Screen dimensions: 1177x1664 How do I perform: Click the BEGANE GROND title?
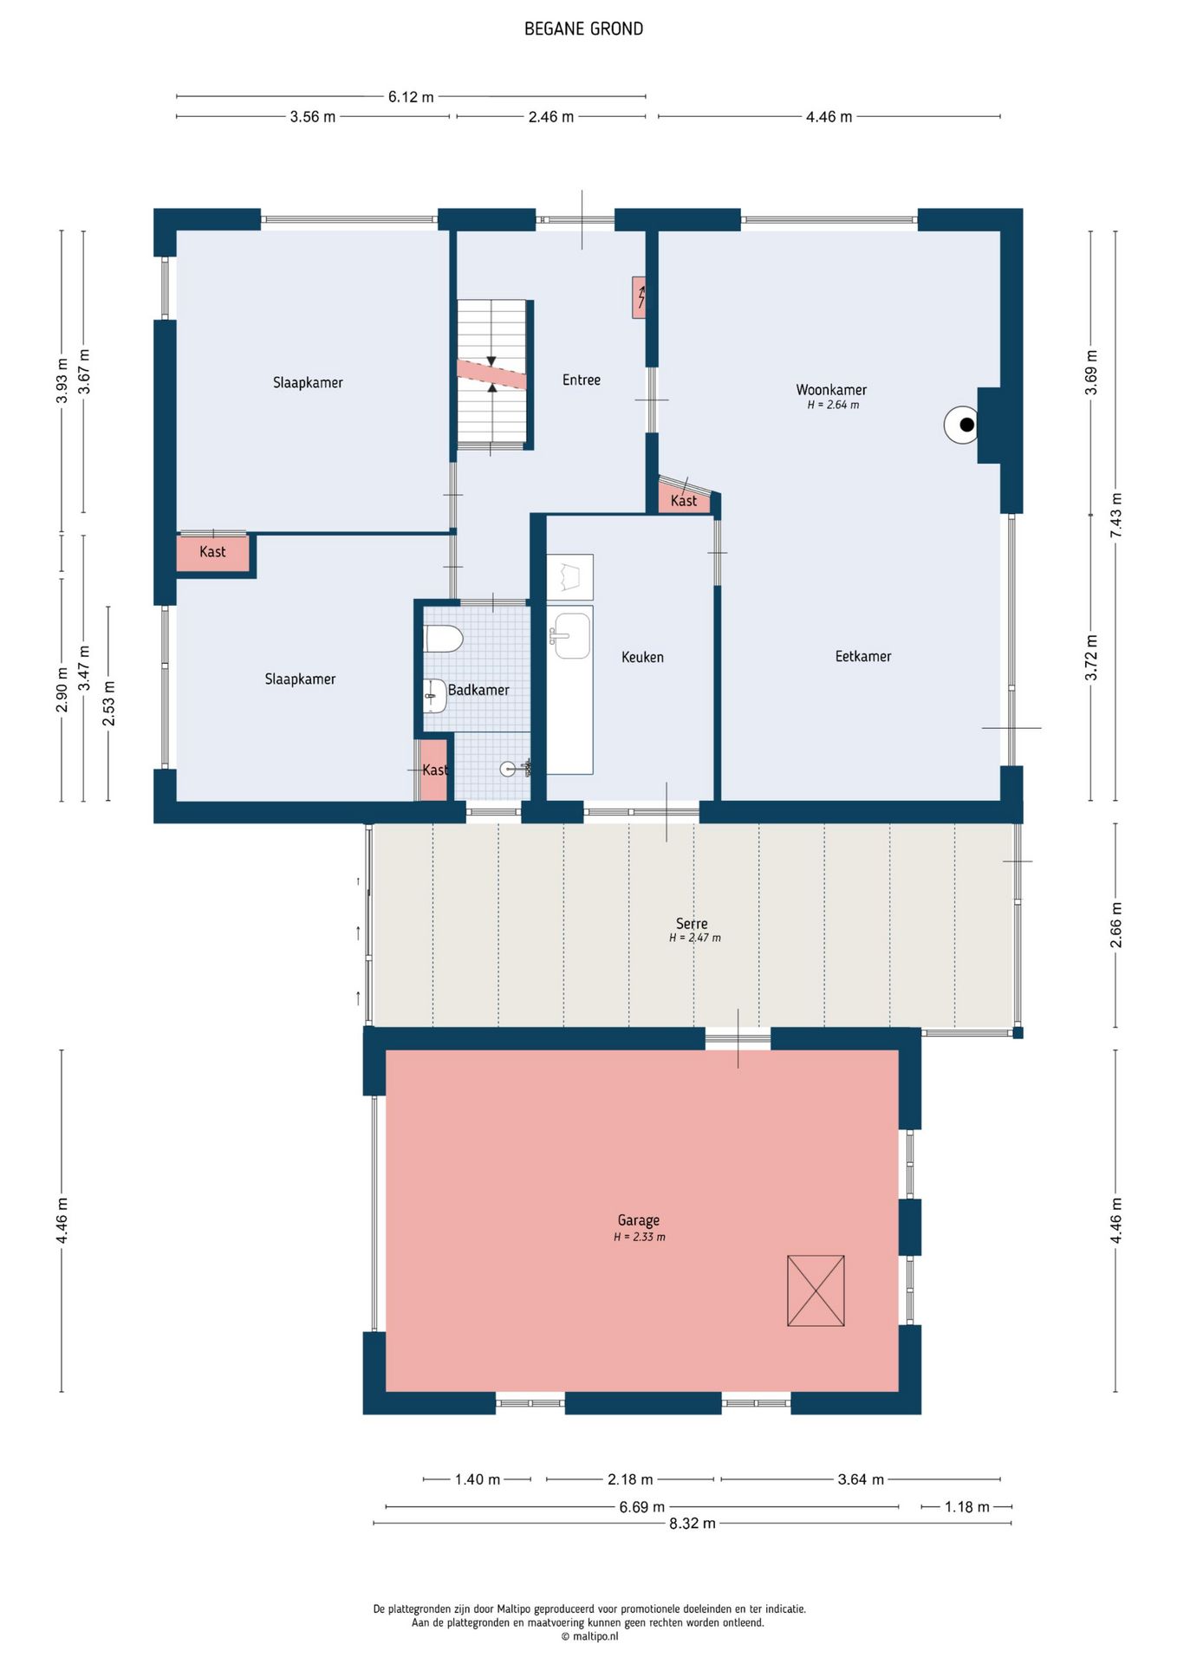coord(583,29)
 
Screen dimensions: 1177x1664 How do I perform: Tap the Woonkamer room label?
coord(831,390)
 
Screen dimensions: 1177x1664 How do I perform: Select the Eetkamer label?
coord(863,657)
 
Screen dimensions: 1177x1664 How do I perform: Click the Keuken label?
coord(642,658)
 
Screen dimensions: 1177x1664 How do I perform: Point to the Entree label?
coord(582,380)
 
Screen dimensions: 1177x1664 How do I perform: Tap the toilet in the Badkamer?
coord(443,639)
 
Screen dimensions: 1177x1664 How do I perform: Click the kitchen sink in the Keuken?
coord(569,634)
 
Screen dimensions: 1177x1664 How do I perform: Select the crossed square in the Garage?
coord(816,1290)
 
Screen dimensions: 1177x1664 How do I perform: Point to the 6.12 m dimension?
coord(411,97)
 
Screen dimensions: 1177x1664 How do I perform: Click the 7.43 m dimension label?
coord(1116,516)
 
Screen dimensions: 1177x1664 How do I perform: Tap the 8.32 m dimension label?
coord(693,1524)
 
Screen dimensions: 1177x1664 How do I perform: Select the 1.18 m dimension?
coord(966,1507)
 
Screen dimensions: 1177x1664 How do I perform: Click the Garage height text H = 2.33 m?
coord(640,1238)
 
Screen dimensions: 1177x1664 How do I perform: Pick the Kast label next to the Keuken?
coord(684,501)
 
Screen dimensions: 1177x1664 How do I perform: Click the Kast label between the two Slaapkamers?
coord(212,552)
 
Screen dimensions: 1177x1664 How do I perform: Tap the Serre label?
coord(692,924)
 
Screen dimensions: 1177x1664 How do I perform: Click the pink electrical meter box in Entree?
coord(639,297)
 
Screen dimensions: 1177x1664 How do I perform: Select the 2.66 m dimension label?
coord(1116,925)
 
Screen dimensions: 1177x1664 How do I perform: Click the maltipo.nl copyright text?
coord(589,1636)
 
